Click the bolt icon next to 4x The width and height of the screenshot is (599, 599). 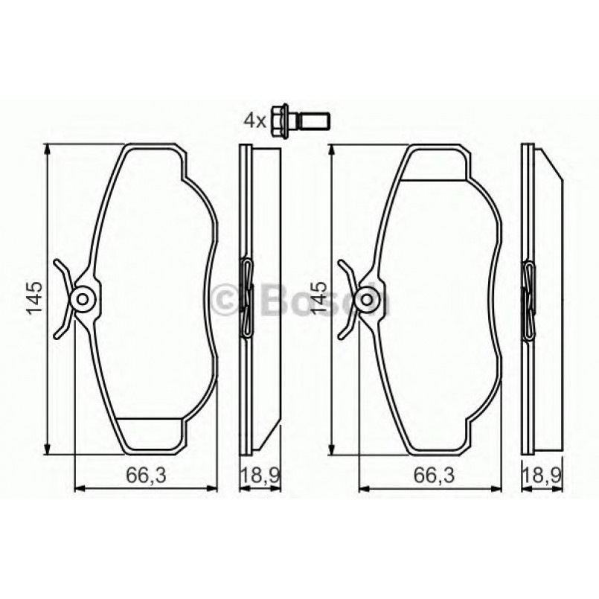(300, 118)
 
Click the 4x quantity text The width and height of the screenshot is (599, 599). (254, 120)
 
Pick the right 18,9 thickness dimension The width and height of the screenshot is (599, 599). (541, 474)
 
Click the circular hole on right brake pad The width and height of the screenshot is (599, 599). (366, 300)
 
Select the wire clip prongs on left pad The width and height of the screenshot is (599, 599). (63, 298)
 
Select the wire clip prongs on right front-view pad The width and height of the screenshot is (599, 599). (347, 298)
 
